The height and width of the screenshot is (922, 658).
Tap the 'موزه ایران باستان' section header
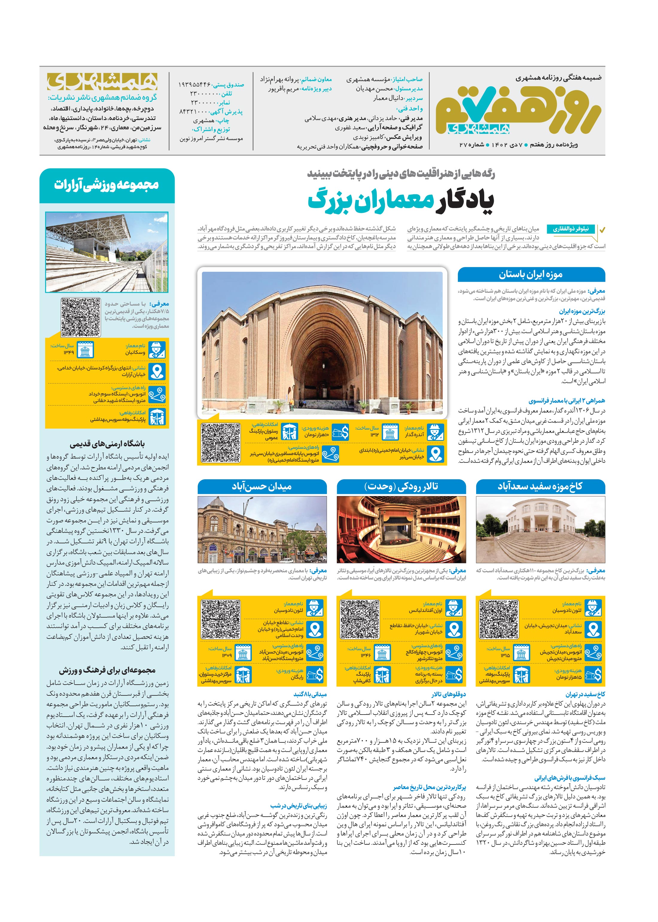tap(531, 275)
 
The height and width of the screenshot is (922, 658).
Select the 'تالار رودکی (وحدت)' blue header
tap(401, 486)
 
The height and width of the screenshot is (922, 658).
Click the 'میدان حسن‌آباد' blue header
tap(262, 486)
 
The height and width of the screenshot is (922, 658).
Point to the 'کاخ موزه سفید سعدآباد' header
tap(540, 486)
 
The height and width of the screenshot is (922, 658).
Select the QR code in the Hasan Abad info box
tap(220, 620)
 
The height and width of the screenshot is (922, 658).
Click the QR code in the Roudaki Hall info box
tap(360, 620)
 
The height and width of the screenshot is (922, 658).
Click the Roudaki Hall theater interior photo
tap(401, 529)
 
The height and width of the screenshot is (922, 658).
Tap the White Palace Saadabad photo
tap(540, 529)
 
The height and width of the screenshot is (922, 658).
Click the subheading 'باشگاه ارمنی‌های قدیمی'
tap(107, 444)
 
